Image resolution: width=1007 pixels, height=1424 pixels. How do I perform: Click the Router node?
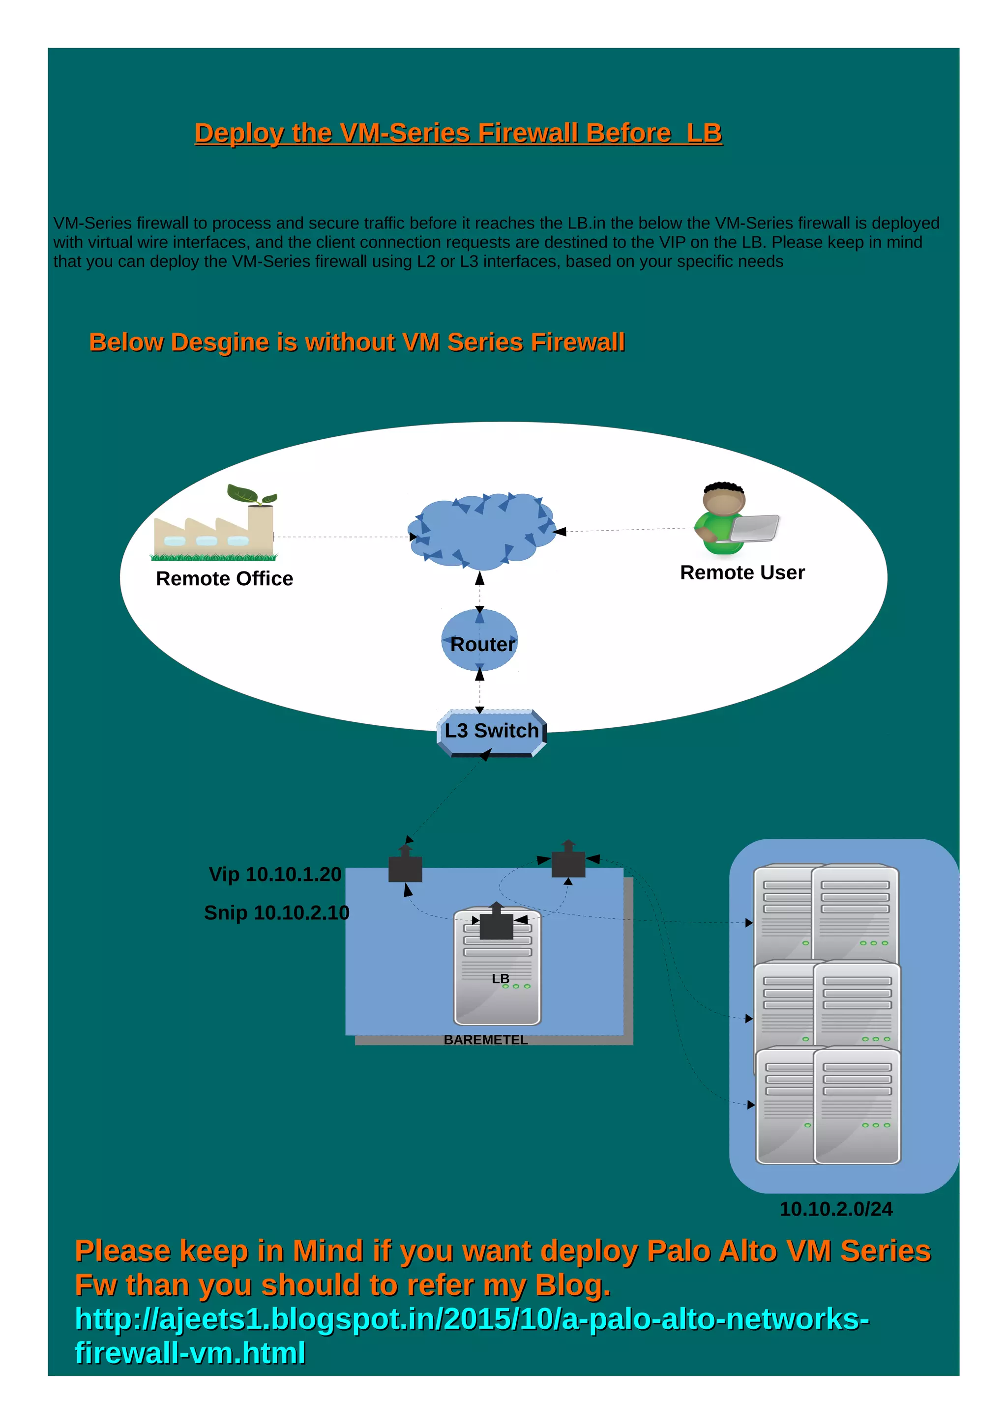point(479,641)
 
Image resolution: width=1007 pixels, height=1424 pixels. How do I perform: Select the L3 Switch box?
point(491,732)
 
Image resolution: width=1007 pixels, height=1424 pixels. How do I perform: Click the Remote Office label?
point(224,579)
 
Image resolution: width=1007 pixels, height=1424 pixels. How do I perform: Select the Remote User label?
point(742,572)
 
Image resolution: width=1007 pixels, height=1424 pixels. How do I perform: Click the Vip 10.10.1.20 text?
point(275,875)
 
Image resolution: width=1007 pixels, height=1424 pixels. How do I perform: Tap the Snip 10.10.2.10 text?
point(277,913)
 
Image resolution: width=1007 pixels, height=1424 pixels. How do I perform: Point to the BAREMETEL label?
point(485,1040)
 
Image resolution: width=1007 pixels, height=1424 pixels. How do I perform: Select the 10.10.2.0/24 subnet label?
point(836,1209)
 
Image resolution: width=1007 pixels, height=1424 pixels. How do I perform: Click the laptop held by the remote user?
point(754,528)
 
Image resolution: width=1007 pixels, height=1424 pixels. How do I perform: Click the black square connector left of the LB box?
point(405,868)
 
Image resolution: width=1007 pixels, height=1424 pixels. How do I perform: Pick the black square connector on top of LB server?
point(496,926)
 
